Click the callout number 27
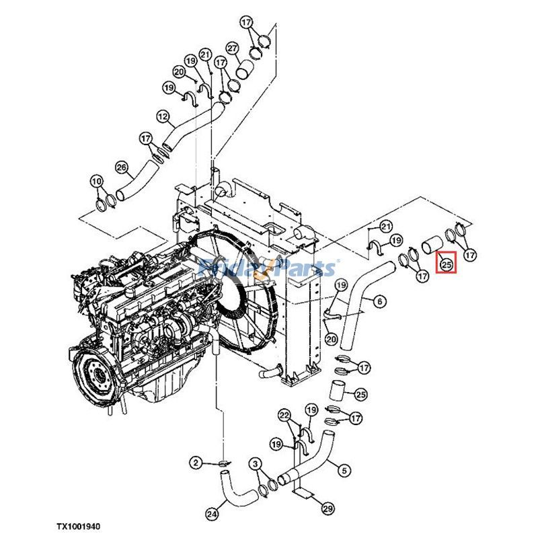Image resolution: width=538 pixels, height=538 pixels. pyautogui.click(x=231, y=48)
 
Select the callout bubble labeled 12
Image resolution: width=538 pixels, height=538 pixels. pyautogui.click(x=161, y=116)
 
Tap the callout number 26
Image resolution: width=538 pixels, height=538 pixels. pyautogui.click(x=121, y=167)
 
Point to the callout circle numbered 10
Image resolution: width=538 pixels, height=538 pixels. pyautogui.click(x=96, y=181)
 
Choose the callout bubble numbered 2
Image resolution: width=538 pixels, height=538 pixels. pyautogui.click(x=194, y=462)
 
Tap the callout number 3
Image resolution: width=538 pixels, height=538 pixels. pyautogui.click(x=256, y=463)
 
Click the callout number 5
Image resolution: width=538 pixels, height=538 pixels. pyautogui.click(x=344, y=470)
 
